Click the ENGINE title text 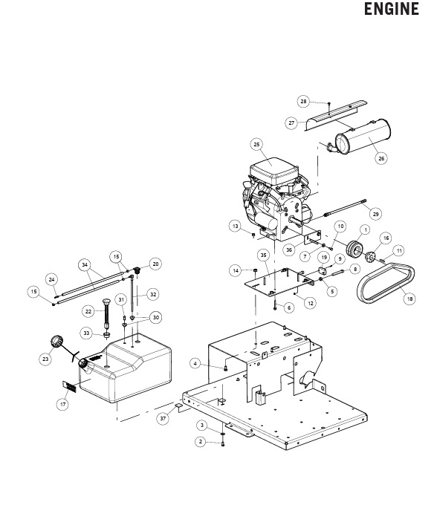click(x=392, y=9)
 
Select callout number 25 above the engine click(x=256, y=144)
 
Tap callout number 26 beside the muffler click(x=381, y=158)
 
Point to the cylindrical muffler click(x=363, y=137)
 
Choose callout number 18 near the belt click(x=410, y=299)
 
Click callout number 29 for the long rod click(x=375, y=214)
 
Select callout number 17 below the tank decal click(x=62, y=404)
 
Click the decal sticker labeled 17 click(x=69, y=386)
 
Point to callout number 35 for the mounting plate click(x=264, y=255)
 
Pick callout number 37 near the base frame click(x=163, y=418)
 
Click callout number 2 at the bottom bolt click(x=201, y=441)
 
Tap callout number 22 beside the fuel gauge click(x=88, y=311)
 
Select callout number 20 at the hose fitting click(x=155, y=264)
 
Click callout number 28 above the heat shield click(x=303, y=102)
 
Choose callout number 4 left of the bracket click(x=195, y=364)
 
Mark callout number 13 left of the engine click(x=236, y=226)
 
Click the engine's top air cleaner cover click(x=273, y=171)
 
